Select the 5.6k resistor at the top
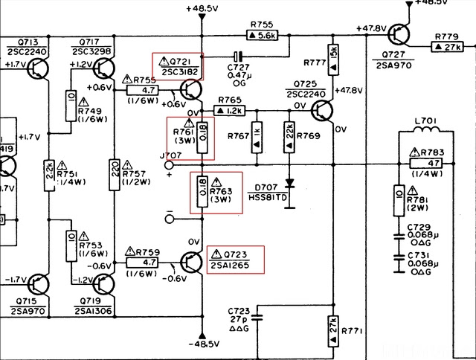pyautogui.click(x=261, y=34)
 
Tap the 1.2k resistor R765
pyautogui.click(x=229, y=110)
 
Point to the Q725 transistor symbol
pyautogui.click(x=321, y=111)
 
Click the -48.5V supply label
pyautogui.click(x=202, y=344)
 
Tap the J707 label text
pyautogui.click(x=170, y=155)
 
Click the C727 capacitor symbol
pyautogui.click(x=238, y=56)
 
